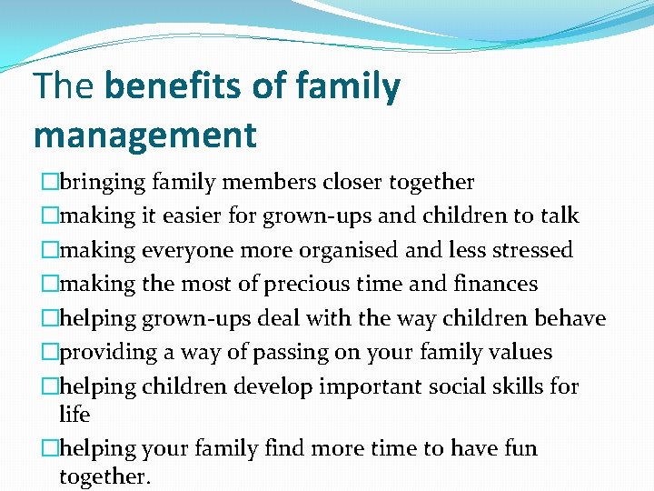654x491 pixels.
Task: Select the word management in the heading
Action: pyautogui.click(x=145, y=135)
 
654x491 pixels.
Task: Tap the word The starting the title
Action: pyautogui.click(x=64, y=87)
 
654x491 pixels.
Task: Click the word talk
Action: pyautogui.click(x=560, y=216)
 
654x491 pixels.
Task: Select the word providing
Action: pyautogui.click(x=101, y=353)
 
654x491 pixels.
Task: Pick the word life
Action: pyautogui.click(x=74, y=415)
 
